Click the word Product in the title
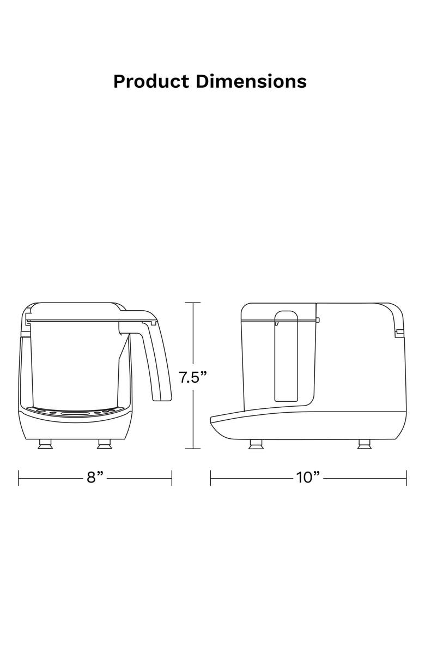tap(151, 82)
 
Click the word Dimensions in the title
tap(251, 82)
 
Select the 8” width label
tap(95, 478)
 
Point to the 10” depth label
tap(308, 478)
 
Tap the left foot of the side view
tap(254, 444)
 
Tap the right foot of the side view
tap(362, 444)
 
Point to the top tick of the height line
tap(193, 303)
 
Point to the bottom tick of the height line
tap(193, 449)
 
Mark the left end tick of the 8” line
tap(19, 478)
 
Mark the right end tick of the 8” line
tap(172, 478)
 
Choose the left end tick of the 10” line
tap(211, 478)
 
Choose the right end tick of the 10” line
tap(406, 478)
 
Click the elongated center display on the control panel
tap(76, 414)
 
